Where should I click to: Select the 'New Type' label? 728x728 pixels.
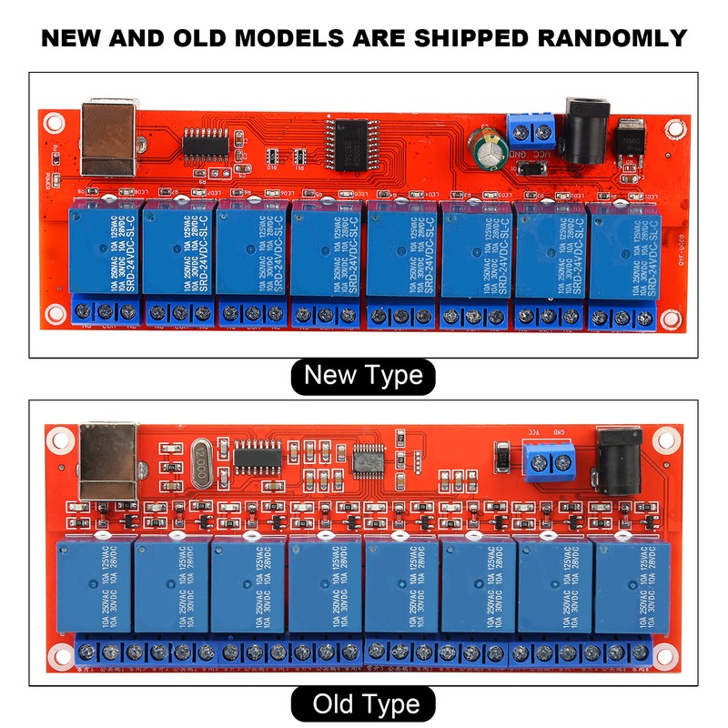pos(363,375)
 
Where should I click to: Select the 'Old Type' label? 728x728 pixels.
pos(364,703)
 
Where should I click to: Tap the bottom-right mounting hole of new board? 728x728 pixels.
pos(671,319)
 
